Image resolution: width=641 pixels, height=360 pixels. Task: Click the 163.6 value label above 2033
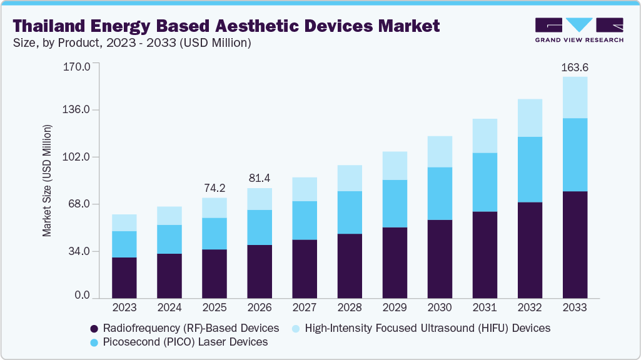pyautogui.click(x=575, y=67)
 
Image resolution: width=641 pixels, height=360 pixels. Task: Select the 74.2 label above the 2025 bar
pyautogui.click(x=215, y=187)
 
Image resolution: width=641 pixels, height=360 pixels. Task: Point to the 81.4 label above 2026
pyautogui.click(x=260, y=178)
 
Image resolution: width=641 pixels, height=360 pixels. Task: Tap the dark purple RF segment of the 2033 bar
pyautogui.click(x=575, y=244)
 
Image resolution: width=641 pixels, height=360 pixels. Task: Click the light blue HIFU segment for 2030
pyautogui.click(x=440, y=151)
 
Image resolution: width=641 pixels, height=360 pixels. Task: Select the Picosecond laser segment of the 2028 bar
pyautogui.click(x=350, y=212)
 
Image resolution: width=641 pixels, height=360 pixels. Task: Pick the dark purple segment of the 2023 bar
pyautogui.click(x=124, y=277)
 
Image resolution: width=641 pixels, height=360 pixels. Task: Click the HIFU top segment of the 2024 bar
pyautogui.click(x=169, y=216)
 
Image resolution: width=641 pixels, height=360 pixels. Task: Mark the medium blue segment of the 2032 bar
pyautogui.click(x=530, y=169)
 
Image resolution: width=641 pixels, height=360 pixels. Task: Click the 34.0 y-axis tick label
pyautogui.click(x=79, y=251)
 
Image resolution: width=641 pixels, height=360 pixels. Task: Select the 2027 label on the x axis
pyautogui.click(x=305, y=308)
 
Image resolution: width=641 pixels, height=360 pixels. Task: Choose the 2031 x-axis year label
pyautogui.click(x=485, y=308)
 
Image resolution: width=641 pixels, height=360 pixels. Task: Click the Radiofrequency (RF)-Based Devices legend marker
pyautogui.click(x=94, y=328)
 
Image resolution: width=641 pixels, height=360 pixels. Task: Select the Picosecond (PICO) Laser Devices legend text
pyautogui.click(x=186, y=342)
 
